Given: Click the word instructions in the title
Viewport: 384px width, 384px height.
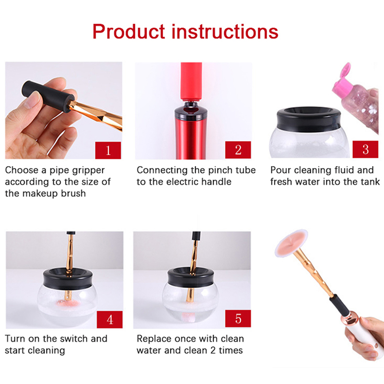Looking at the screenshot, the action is [x=225, y=32].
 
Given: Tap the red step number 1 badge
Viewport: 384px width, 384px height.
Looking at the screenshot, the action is [x=108, y=150].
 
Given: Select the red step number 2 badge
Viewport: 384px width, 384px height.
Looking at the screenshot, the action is [x=238, y=150].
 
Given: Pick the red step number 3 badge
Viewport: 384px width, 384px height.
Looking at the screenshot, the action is [x=365, y=149].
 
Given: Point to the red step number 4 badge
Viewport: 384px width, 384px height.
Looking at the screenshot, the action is [x=110, y=320].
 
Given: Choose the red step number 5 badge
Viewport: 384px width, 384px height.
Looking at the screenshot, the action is [x=238, y=319].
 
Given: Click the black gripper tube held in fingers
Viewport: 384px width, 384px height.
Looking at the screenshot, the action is [x=48, y=96].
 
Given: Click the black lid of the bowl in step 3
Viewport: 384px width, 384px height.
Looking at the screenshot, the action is [x=309, y=119].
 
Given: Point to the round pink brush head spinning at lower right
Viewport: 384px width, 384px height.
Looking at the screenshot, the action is [x=291, y=243].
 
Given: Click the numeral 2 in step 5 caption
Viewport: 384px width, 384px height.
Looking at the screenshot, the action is [x=213, y=350].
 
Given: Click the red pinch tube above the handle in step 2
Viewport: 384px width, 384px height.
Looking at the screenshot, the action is [x=191, y=81].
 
